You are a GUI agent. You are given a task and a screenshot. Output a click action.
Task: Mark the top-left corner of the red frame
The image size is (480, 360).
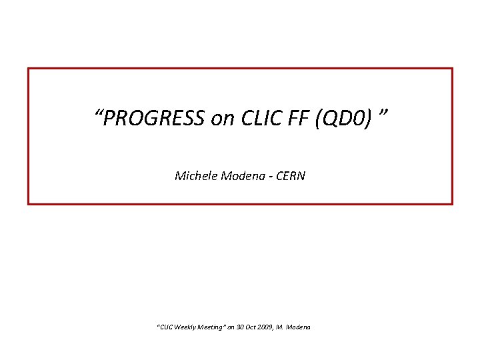[28, 69]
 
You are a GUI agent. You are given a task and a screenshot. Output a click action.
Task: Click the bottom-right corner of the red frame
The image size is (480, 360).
[452, 203]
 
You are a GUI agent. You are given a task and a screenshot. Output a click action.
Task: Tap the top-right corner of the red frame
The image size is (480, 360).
[452, 69]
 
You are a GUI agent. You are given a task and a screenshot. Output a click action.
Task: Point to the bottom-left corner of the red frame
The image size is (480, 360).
[28, 203]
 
